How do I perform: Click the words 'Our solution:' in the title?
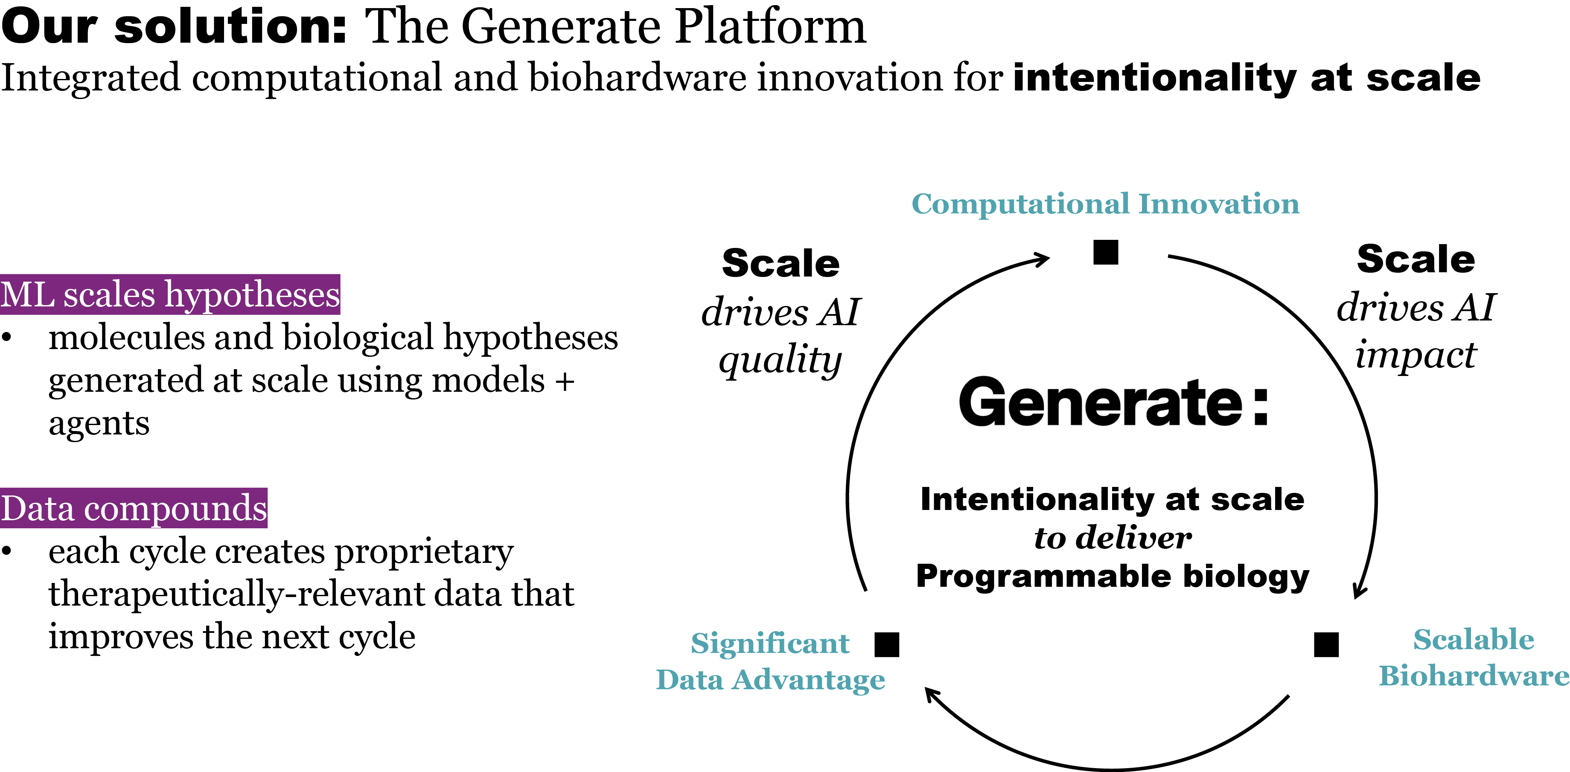coord(174,27)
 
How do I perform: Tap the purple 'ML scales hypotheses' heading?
coord(170,295)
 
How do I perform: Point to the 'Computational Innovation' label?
coord(1105,204)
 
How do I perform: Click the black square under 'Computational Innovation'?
coord(1106,252)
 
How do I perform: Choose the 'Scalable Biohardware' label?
coord(1473,658)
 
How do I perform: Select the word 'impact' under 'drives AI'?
coord(1415,355)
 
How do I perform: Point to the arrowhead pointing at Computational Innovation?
coord(1042,259)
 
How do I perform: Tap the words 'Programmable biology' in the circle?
coord(1112,576)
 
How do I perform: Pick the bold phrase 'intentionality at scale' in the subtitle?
coord(1247,79)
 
